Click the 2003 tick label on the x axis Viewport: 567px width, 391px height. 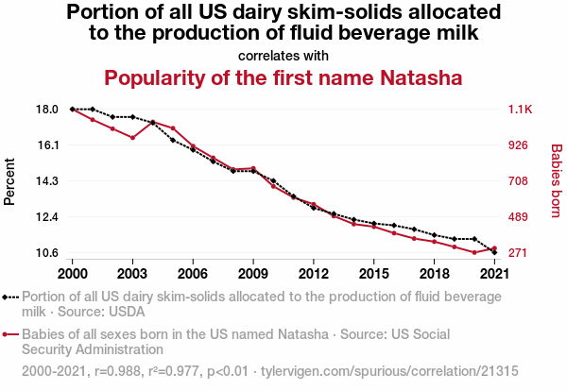click(x=132, y=273)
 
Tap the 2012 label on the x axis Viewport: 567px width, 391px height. click(x=313, y=273)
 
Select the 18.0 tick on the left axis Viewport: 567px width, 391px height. click(x=48, y=110)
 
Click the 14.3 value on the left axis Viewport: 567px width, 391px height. click(x=48, y=181)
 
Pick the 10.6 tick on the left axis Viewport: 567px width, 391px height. click(x=48, y=253)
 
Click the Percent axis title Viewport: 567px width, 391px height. click(x=10, y=181)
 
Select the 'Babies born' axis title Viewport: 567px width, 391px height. click(x=556, y=181)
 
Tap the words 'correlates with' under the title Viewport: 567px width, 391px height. click(x=283, y=56)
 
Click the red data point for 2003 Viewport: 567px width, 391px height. click(x=132, y=138)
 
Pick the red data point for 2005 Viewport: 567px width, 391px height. click(x=173, y=127)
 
